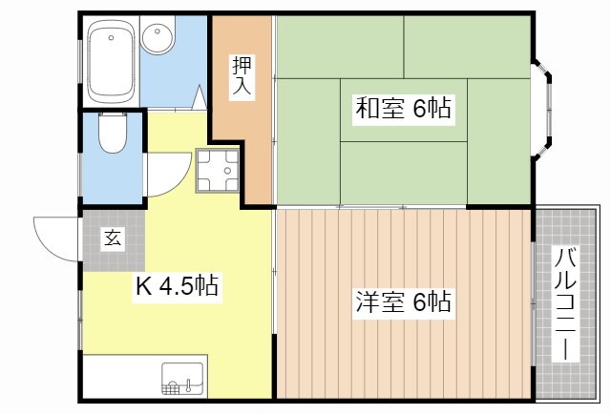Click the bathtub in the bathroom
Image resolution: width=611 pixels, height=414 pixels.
pyautogui.click(x=111, y=60)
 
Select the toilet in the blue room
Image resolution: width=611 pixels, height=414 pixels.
pyautogui.click(x=112, y=135)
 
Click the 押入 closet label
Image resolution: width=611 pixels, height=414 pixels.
pyautogui.click(x=241, y=76)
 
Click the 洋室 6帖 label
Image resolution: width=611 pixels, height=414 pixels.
pyautogui.click(x=404, y=303)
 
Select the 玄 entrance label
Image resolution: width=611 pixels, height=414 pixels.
pyautogui.click(x=113, y=238)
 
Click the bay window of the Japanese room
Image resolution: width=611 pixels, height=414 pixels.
pyautogui.click(x=541, y=109)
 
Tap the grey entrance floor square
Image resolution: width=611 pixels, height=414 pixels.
pyautogui.click(x=113, y=238)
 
